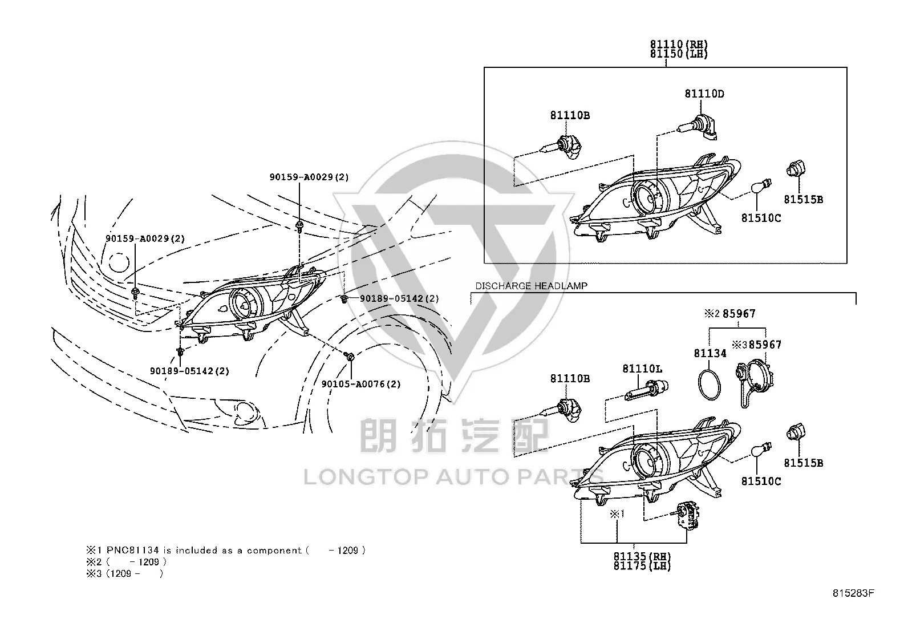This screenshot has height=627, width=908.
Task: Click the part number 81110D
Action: click(704, 94)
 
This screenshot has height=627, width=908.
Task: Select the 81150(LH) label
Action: click(679, 54)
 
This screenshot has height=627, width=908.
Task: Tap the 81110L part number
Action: click(642, 369)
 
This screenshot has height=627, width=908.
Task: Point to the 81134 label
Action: click(710, 353)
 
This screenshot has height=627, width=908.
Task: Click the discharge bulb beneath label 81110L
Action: click(646, 390)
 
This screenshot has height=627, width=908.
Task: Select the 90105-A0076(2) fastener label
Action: click(361, 384)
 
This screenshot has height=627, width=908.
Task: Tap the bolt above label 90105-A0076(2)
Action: click(350, 357)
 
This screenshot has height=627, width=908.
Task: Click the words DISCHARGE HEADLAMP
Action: click(531, 286)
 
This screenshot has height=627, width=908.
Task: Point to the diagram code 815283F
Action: click(853, 593)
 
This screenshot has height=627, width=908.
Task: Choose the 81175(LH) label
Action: click(642, 566)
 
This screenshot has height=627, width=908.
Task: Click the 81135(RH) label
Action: click(642, 556)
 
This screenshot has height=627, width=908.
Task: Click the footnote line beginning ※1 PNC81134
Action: click(226, 551)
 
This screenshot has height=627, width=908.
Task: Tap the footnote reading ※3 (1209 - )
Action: click(124, 573)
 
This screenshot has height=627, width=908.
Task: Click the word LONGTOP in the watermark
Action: click(366, 477)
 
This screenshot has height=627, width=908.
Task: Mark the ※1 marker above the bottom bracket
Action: click(617, 514)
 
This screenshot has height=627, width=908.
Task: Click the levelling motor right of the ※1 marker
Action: click(687, 515)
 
